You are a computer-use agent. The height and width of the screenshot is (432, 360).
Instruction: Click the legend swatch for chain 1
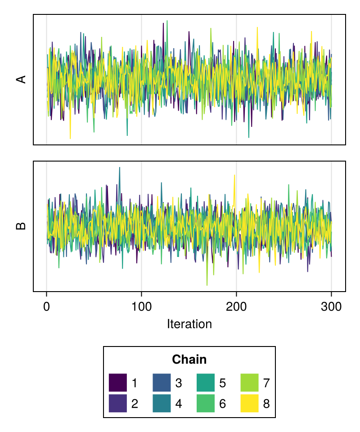point(117,382)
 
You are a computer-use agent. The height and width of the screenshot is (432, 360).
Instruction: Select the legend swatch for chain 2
point(117,403)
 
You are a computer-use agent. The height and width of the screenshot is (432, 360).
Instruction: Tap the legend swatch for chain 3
point(162,382)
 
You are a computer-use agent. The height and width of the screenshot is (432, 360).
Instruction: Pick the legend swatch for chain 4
point(162,403)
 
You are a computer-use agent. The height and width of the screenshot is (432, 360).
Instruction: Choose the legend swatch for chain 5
point(206,382)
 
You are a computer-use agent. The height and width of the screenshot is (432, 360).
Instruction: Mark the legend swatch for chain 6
point(206,403)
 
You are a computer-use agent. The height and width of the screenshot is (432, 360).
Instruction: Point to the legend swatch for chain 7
point(250,382)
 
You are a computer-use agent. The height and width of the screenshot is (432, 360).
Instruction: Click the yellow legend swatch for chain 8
point(250,403)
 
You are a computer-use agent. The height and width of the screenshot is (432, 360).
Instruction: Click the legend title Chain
point(189,360)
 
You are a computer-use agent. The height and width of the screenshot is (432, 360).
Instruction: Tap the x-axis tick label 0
point(46,306)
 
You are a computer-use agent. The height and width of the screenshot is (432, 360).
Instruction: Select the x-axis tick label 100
point(141,306)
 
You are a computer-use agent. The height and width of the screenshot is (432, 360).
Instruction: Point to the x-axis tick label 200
point(236,306)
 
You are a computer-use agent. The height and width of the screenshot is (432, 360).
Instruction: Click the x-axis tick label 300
point(331,306)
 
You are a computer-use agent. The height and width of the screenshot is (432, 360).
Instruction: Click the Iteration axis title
point(189,324)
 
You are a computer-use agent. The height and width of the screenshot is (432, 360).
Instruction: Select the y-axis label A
point(21,79)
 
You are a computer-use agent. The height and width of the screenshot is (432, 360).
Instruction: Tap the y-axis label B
point(21,226)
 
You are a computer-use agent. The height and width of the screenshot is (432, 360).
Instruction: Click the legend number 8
point(266,404)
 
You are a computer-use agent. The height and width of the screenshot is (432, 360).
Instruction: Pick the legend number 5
point(222,382)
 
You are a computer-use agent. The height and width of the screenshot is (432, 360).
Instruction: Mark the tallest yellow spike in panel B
point(234,175)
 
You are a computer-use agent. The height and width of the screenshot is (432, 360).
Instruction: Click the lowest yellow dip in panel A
point(70,138)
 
